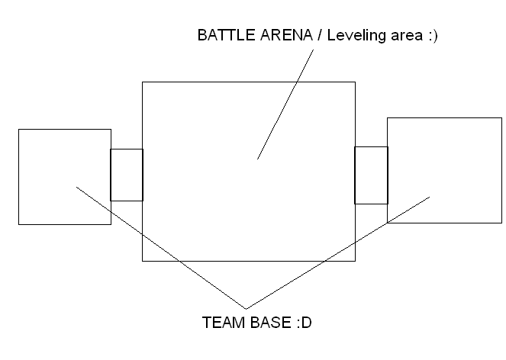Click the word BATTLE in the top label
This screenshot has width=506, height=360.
(226, 35)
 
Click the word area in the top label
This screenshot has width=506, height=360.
(407, 36)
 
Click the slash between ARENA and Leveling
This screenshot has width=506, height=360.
(320, 35)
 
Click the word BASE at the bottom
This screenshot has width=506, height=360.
(270, 323)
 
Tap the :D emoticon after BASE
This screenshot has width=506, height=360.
(304, 323)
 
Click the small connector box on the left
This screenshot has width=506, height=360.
(111, 175)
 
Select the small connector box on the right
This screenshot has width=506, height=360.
(355, 175)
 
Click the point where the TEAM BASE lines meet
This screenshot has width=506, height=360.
(246, 309)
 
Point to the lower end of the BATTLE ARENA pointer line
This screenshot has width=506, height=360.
(257, 159)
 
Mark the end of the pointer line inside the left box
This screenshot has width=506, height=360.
(76, 187)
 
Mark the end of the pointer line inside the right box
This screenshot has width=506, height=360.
(430, 197)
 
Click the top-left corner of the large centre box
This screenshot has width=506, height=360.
(142, 82)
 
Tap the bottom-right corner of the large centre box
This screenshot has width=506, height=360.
(356, 261)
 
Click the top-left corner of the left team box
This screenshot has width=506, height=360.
(19, 130)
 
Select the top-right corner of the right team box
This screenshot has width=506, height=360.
(502, 117)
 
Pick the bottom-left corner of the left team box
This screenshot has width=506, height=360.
(19, 224)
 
